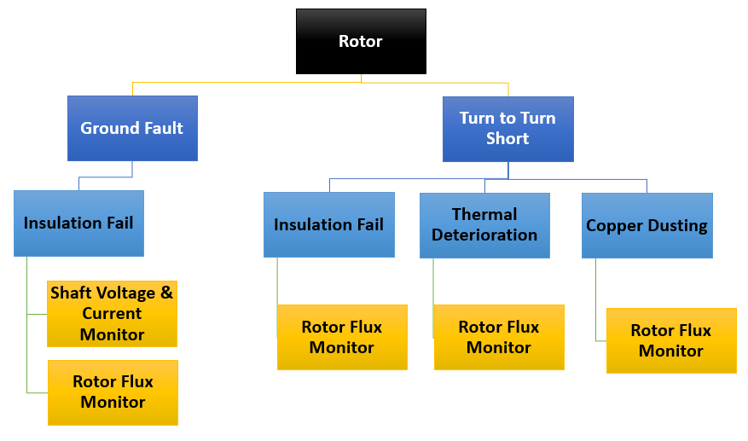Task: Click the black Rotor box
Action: [361, 41]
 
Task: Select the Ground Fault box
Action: [132, 128]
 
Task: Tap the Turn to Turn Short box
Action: [507, 129]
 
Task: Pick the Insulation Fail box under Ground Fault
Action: [78, 223]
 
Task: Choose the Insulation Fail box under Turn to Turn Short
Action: [328, 225]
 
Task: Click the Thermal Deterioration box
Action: [484, 224]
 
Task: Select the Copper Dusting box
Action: [647, 226]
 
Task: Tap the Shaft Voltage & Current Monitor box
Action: [112, 314]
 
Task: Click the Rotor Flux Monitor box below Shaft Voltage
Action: [113, 392]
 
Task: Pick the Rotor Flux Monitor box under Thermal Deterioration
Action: [499, 337]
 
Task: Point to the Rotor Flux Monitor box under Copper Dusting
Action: [671, 340]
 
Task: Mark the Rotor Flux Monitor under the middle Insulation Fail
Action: [342, 337]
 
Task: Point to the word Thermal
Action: [484, 214]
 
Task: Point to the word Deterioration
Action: [484, 235]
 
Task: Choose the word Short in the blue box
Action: [507, 139]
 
